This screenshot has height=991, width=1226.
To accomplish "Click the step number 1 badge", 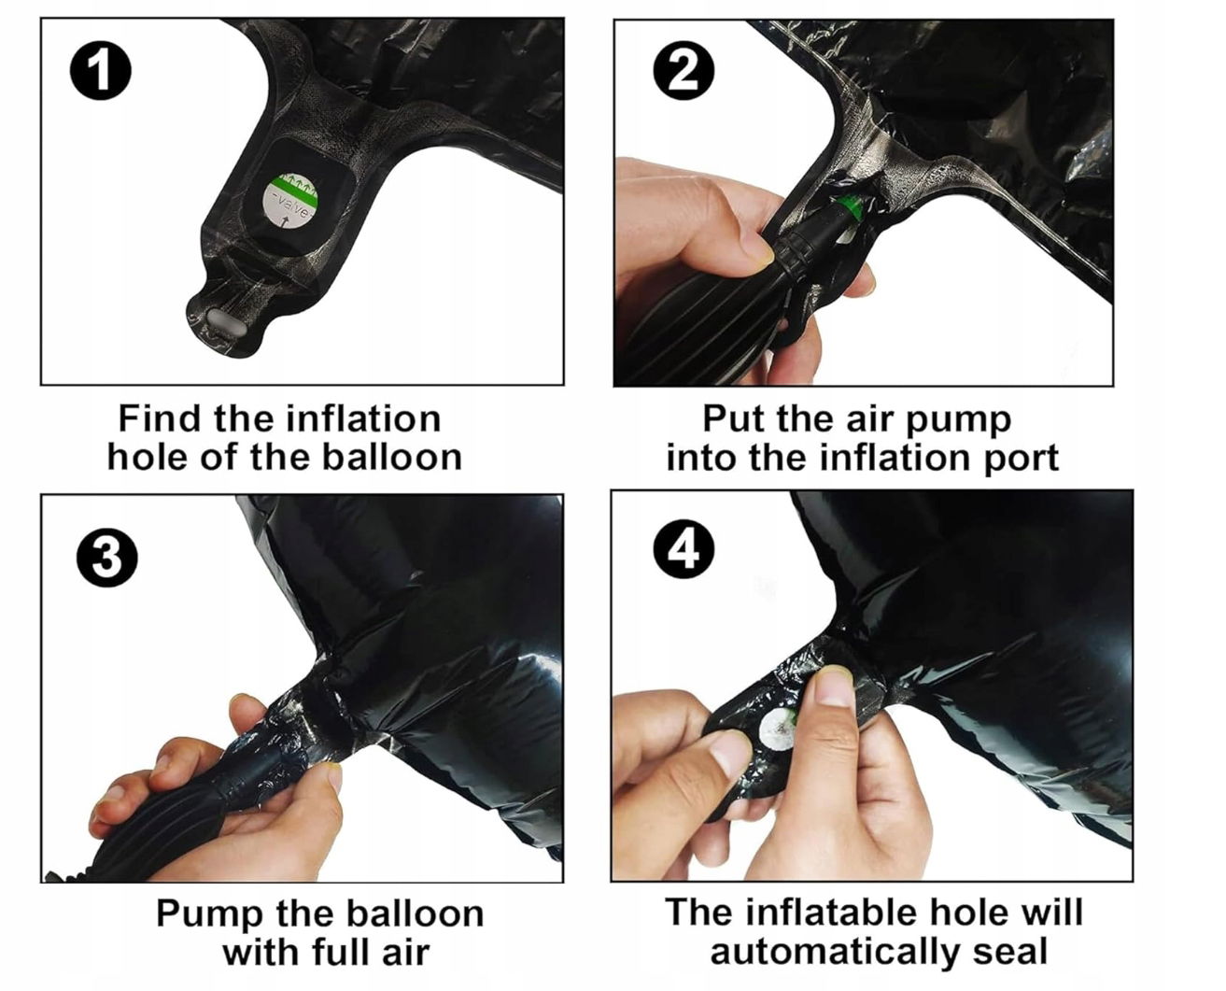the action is coord(100,71).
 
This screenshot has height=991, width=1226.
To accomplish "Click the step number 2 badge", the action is coord(683,72).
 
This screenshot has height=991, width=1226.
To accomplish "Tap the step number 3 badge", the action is coord(107,558).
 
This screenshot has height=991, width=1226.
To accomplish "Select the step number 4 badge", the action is coord(683,549).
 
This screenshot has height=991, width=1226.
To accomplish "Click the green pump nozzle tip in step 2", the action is coord(850,207).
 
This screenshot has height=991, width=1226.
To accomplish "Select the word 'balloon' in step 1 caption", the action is coord(391,458).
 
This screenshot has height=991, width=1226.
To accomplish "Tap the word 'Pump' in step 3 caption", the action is coord(207,915).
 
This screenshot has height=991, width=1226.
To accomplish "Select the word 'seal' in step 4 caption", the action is coord(1010,952).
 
